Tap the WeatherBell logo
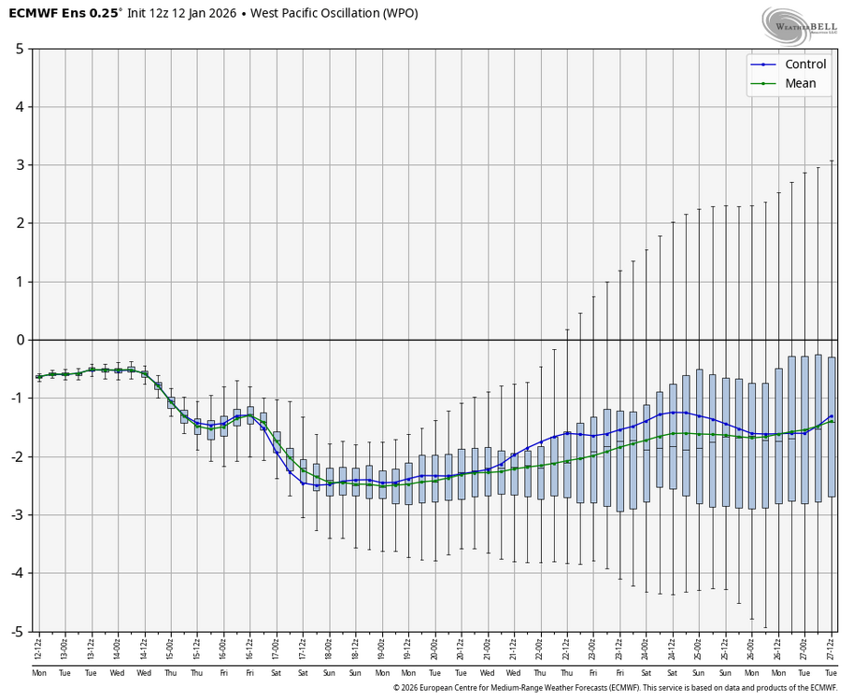click(x=800, y=27)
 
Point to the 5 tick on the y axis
click(x=19, y=49)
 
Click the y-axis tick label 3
click(x=19, y=165)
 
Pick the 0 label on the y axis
click(x=19, y=340)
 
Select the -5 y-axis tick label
click(x=16, y=632)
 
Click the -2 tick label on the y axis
click(x=16, y=456)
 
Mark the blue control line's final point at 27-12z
click(x=832, y=416)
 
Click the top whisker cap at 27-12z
click(x=832, y=161)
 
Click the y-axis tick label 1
click(x=19, y=282)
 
